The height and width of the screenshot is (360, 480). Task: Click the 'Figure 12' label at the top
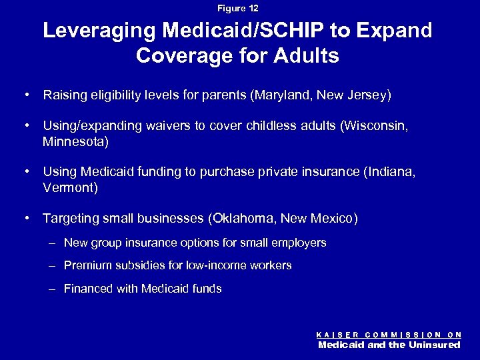pyautogui.click(x=238, y=8)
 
